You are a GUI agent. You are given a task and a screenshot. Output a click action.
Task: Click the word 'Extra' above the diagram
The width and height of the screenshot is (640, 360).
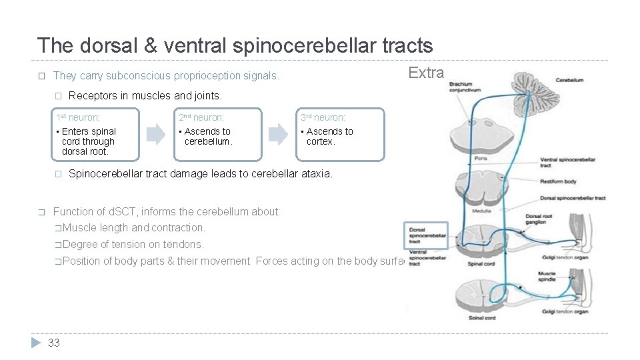[426, 73]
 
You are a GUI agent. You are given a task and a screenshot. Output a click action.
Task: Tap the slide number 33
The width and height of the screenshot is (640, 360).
[54, 343]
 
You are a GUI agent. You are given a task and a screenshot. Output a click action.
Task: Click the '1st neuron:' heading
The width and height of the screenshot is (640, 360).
[78, 117]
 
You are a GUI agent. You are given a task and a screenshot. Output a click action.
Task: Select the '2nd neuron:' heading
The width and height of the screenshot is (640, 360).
[201, 117]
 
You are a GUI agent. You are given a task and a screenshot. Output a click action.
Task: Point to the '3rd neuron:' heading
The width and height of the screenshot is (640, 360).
[323, 117]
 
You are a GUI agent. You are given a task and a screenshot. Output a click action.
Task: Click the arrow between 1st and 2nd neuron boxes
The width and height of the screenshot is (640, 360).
[155, 135]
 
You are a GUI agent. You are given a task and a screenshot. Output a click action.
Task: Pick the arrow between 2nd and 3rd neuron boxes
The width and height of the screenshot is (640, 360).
[277, 135]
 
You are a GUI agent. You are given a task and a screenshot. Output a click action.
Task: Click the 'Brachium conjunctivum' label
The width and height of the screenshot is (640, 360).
[465, 87]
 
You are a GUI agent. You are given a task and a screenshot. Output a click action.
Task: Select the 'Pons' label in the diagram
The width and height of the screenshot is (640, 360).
[480, 159]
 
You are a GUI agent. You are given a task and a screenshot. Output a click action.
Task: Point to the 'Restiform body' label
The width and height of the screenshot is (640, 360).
[557, 181]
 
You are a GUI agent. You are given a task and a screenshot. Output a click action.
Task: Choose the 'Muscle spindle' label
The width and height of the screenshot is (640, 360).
[546, 276]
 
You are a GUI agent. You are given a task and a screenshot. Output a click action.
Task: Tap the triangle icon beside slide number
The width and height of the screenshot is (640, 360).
[36, 343]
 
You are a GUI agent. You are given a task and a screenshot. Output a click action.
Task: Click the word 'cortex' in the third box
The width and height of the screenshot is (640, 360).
[319, 141]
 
